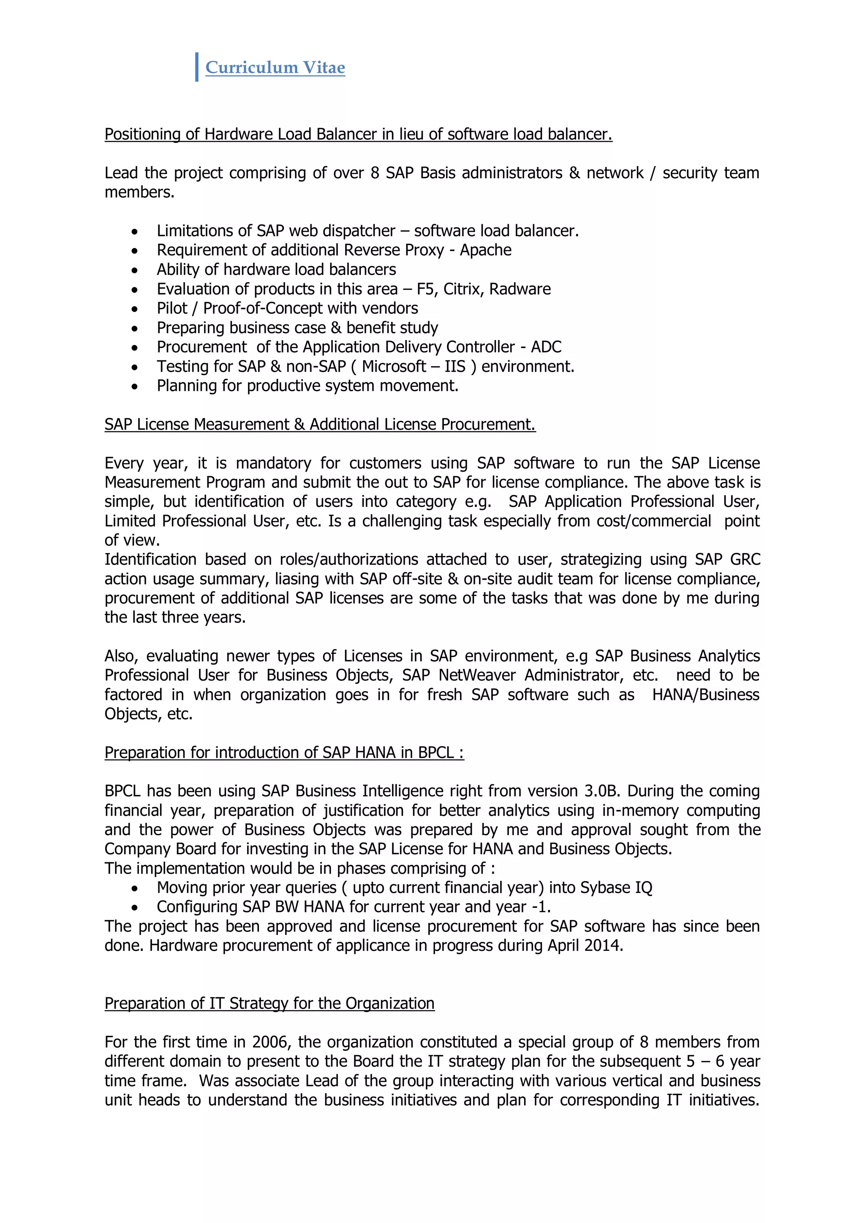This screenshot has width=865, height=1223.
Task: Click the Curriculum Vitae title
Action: tap(275, 68)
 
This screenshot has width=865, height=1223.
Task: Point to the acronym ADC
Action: tap(546, 347)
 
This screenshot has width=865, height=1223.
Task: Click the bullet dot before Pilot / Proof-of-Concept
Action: tap(135, 309)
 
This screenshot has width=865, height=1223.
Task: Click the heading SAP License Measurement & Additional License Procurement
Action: tap(320, 425)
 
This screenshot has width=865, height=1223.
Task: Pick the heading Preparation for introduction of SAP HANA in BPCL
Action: tap(284, 753)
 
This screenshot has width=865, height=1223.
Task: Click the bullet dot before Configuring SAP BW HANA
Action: tap(135, 908)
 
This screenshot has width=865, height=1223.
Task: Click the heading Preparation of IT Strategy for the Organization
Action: tap(269, 1004)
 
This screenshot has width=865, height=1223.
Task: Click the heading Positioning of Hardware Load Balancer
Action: tap(358, 134)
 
